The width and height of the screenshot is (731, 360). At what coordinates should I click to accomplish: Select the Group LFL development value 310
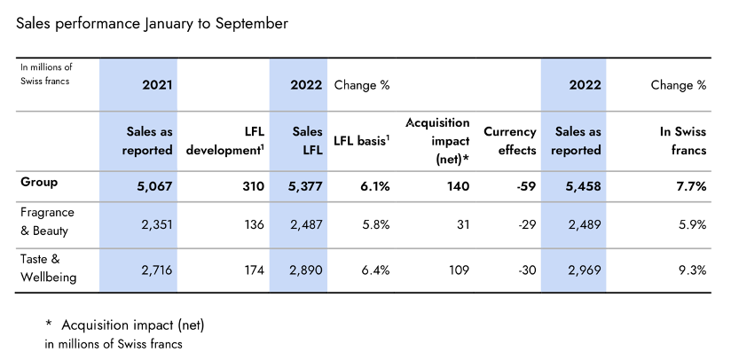252,187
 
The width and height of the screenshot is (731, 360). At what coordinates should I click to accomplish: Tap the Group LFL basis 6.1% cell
370,187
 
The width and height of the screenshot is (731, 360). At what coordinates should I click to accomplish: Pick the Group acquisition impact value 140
458,187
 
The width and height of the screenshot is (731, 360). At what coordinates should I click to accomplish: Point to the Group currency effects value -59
523,187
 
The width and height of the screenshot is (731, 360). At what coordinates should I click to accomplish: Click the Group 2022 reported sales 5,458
580,187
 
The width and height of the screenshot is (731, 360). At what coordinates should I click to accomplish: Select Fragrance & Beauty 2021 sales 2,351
153,224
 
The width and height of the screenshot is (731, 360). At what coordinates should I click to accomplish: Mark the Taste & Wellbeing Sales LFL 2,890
303,270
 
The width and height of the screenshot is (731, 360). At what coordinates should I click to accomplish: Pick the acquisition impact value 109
458,270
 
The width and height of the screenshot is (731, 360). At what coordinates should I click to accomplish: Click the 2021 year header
157,85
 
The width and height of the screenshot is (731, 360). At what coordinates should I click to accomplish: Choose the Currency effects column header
510,141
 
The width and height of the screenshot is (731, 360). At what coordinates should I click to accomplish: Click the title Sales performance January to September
152,24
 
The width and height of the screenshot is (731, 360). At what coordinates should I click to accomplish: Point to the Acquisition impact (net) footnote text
133,325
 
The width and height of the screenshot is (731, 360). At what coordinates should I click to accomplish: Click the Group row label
40,182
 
